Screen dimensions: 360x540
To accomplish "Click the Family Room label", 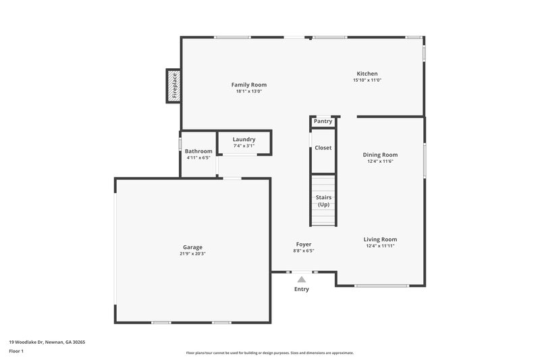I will pos(248,85).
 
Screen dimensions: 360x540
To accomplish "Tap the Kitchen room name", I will pos(367,74).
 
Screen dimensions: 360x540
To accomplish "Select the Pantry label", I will pos(323,122).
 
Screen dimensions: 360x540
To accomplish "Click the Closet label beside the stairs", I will pos(323,148).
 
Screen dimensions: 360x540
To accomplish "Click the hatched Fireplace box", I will pos(174,86).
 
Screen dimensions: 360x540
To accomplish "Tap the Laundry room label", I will pos(244,139).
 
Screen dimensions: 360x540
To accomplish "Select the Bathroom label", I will pos(198,151).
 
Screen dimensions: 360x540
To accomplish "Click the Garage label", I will pos(192,247).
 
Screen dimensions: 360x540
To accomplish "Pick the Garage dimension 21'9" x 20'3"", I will pos(192,254).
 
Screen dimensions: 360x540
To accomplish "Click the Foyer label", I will pos(304,244).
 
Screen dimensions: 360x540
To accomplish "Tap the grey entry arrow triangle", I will pos(302,279).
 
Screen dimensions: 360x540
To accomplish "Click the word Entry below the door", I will pos(301,290).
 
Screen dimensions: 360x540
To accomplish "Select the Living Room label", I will pos(380,239).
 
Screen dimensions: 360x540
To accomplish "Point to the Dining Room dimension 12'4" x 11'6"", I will pos(380,161).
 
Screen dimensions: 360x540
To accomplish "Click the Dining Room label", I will pos(380,155).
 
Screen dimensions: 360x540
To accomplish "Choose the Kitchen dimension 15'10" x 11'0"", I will pos(367,80).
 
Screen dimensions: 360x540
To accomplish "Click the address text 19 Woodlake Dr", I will pos(47,342).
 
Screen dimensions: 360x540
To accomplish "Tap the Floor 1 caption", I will pos(16,351).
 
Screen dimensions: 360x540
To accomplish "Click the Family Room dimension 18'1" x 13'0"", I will pos(248,91).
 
